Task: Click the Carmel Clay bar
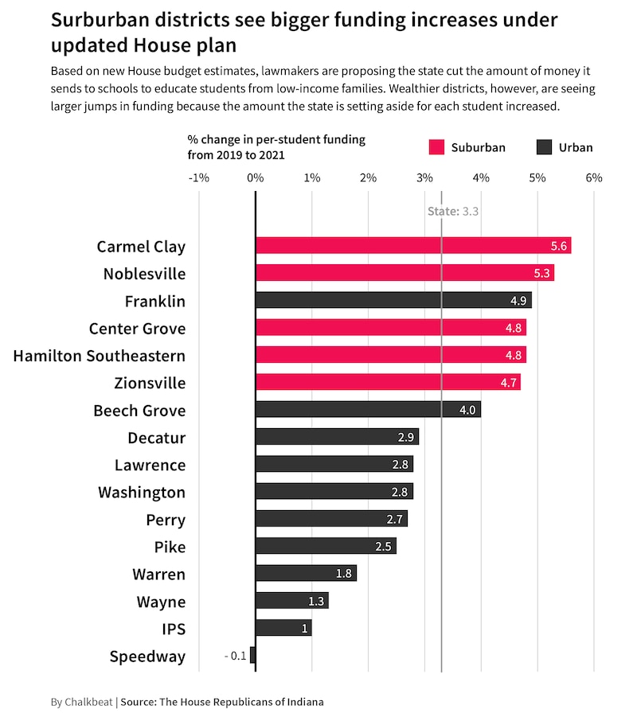pyautogui.click(x=412, y=246)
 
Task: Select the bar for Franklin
pyautogui.click(x=393, y=301)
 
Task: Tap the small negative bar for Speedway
pyautogui.click(x=252, y=656)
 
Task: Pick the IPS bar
pyautogui.click(x=283, y=628)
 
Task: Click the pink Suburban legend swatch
pyautogui.click(x=436, y=147)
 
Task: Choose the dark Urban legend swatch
pyautogui.click(x=545, y=147)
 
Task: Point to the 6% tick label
pyautogui.click(x=594, y=177)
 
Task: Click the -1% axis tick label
pyautogui.click(x=198, y=177)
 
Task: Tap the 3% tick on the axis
pyautogui.click(x=424, y=177)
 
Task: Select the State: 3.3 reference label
pyautogui.click(x=452, y=211)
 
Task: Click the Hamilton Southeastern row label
pyautogui.click(x=100, y=356)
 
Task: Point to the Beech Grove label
pyautogui.click(x=139, y=411)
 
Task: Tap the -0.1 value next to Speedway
pyautogui.click(x=235, y=657)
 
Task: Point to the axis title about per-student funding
pyautogui.click(x=276, y=146)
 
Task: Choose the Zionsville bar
pyautogui.click(x=388, y=383)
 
